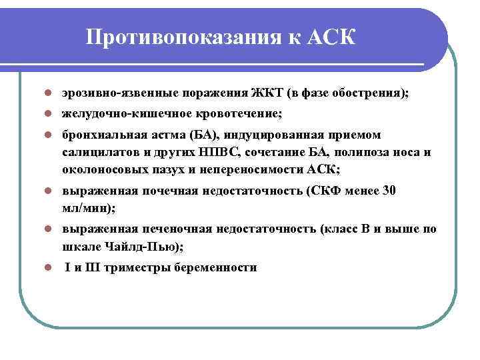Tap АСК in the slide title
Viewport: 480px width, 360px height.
click(x=333, y=37)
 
